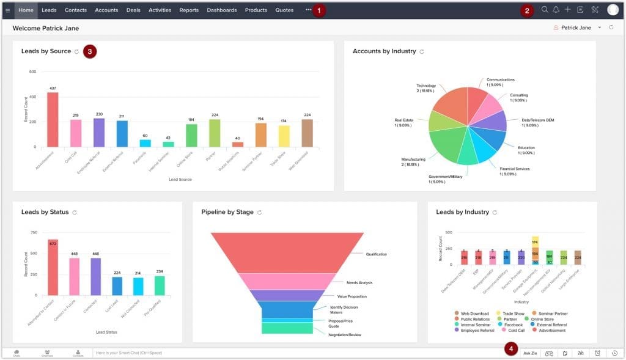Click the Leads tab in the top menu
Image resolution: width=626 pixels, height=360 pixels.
49,10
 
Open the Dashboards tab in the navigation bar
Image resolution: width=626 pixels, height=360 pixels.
221,10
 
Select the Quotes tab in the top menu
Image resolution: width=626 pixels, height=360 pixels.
284,10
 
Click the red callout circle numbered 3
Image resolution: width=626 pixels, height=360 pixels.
90,51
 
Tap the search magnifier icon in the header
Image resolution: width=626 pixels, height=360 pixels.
545,10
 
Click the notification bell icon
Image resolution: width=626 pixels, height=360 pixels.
556,10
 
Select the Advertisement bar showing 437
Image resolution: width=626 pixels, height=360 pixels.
53,119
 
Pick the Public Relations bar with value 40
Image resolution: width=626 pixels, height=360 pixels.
238,144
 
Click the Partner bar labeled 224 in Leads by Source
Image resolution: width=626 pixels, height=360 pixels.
215,133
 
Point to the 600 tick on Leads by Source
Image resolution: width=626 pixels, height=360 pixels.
32,72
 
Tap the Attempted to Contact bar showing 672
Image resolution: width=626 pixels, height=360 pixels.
53,267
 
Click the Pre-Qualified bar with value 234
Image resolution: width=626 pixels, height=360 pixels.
160,285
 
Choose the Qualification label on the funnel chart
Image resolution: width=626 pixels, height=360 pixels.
377,254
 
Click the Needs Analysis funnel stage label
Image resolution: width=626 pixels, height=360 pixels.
359,282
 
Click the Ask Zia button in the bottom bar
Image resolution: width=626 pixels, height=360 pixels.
530,353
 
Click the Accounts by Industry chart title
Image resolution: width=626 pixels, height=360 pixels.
384,51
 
